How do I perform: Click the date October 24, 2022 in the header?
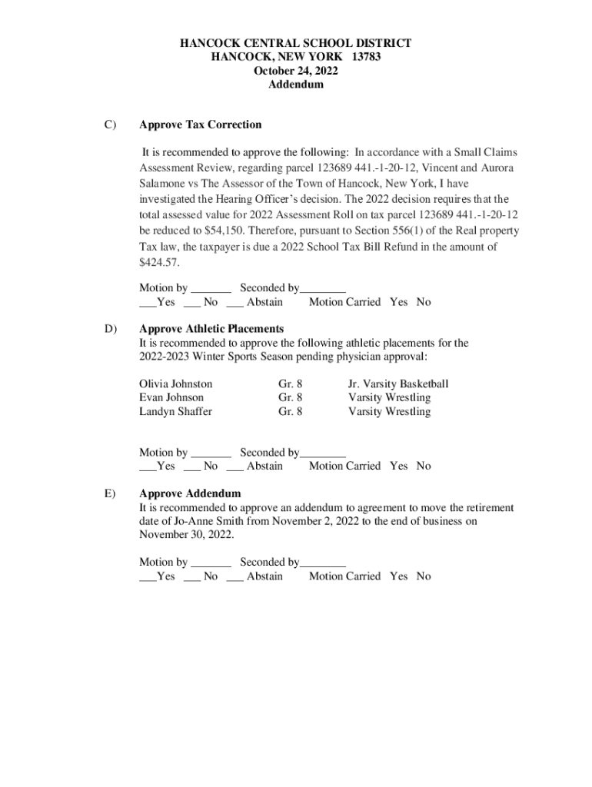point(295,71)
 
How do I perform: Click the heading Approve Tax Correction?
point(200,125)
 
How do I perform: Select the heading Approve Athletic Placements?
point(211,329)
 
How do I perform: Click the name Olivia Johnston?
point(175,384)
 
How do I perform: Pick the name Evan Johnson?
point(171,397)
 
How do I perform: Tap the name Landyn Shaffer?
point(175,411)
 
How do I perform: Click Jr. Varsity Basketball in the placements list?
point(397,384)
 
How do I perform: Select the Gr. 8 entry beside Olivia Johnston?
point(290,384)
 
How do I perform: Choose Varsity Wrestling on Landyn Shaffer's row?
point(389,411)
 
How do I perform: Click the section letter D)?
point(111,329)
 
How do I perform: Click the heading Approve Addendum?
point(189,493)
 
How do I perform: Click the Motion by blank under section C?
point(211,289)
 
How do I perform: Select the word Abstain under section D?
point(264,466)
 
